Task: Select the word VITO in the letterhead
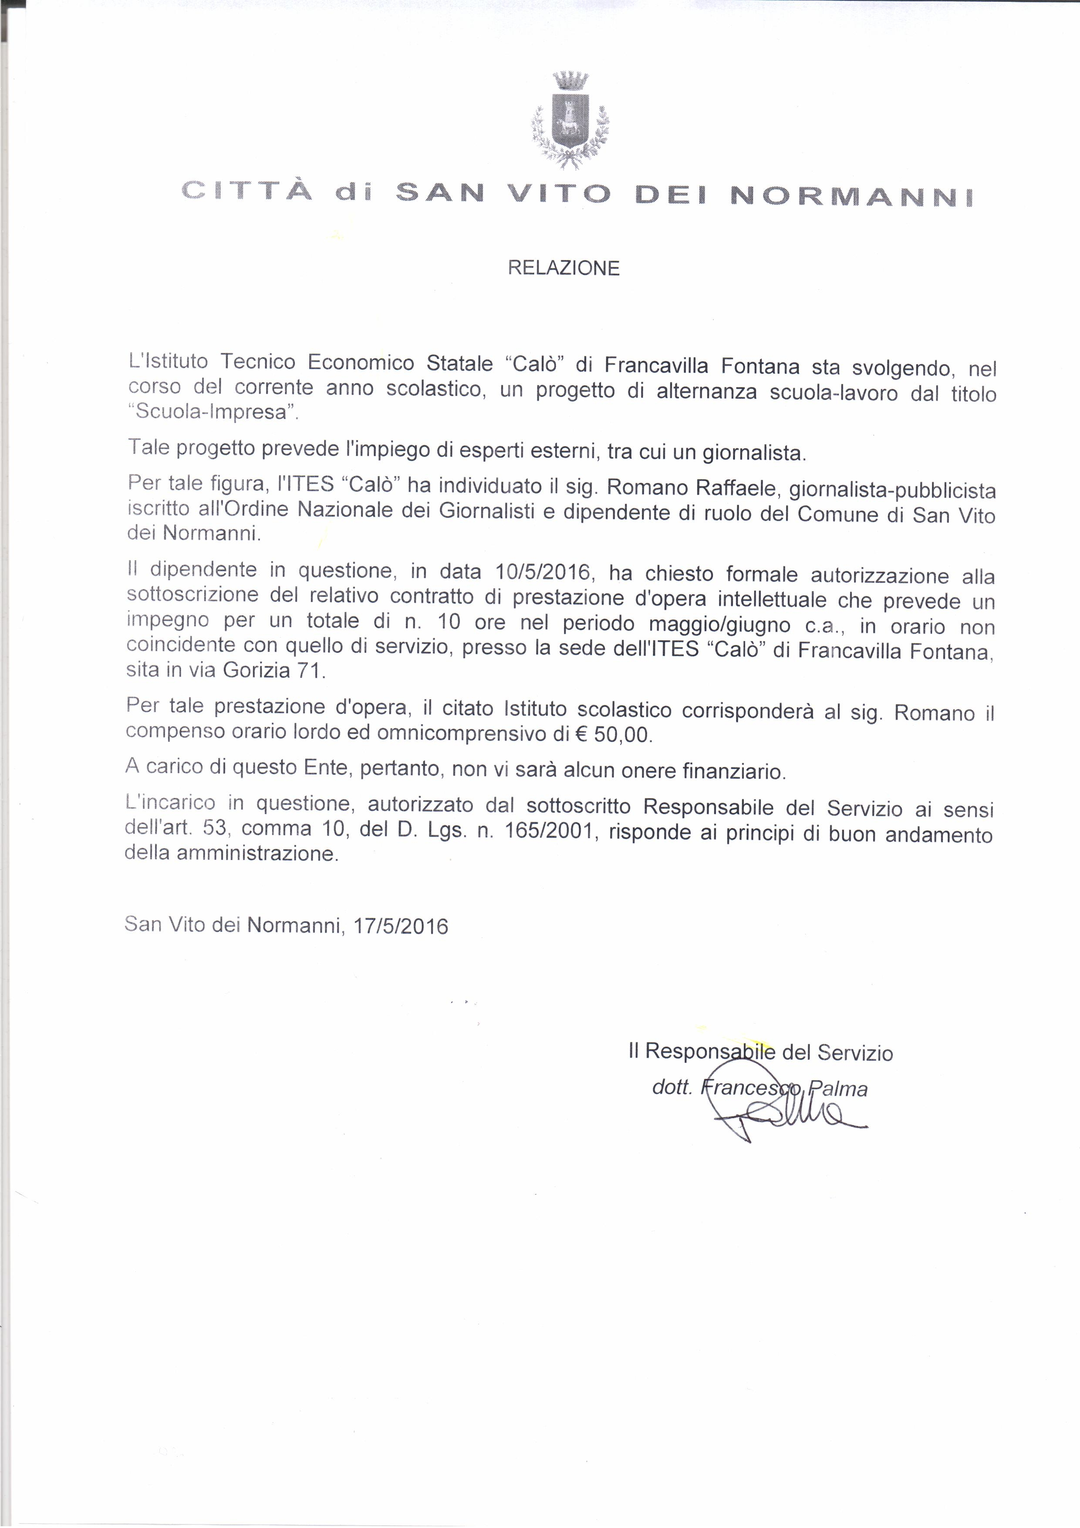coord(559,193)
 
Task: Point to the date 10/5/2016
coord(543,572)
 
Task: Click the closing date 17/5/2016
coord(401,926)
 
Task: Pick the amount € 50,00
coord(613,735)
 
